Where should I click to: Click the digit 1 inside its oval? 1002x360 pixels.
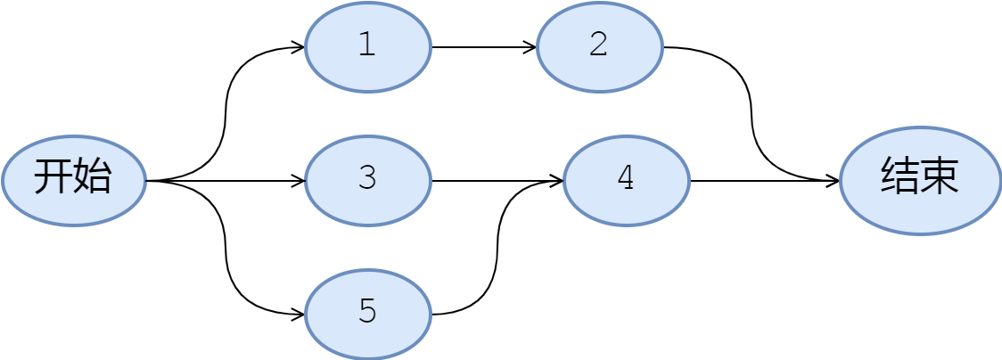tap(367, 45)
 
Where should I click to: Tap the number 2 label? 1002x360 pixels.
tap(599, 45)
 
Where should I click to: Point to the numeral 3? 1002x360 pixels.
tap(367, 178)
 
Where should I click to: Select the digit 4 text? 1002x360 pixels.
tap(626, 178)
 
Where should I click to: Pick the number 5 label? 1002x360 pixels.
tap(367, 312)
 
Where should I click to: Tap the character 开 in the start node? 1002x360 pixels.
tap(53, 177)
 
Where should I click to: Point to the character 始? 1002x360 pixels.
tap(93, 177)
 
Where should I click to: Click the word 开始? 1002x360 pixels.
tap(73, 177)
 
